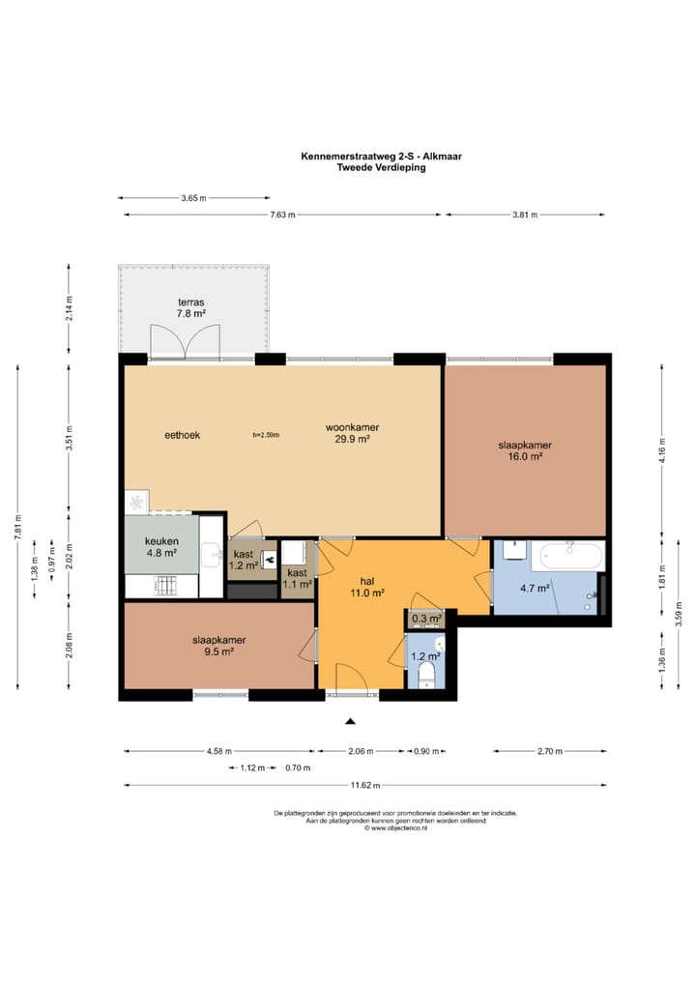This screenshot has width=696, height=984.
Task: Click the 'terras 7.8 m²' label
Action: [x=191, y=307]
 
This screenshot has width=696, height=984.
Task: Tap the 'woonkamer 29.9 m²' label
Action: [x=352, y=433]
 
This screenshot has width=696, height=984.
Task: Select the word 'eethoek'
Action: [x=182, y=435]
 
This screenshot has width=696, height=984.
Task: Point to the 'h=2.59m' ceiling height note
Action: [x=266, y=435]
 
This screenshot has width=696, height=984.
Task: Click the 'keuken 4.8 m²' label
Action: [x=161, y=546]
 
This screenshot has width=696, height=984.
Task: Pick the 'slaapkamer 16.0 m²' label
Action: [x=525, y=450]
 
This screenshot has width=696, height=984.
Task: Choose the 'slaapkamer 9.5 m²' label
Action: [x=219, y=646]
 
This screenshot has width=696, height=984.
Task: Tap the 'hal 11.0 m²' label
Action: [x=367, y=586]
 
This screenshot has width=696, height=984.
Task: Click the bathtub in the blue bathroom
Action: [x=571, y=557]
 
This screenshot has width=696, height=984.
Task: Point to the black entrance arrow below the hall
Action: [x=350, y=722]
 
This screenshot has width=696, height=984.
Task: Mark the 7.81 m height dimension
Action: [x=17, y=527]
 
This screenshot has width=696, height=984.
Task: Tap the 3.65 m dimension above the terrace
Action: [x=194, y=198]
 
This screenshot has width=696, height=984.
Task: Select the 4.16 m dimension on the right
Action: [x=662, y=450]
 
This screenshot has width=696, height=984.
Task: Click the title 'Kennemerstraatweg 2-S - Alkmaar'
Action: [x=381, y=157]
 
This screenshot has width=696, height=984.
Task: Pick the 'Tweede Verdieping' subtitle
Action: [x=381, y=167]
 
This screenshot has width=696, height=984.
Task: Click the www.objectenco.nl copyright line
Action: [x=395, y=827]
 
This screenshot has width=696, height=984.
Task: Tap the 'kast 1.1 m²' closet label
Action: [x=297, y=578]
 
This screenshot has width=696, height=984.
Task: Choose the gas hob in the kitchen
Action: [x=165, y=586]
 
